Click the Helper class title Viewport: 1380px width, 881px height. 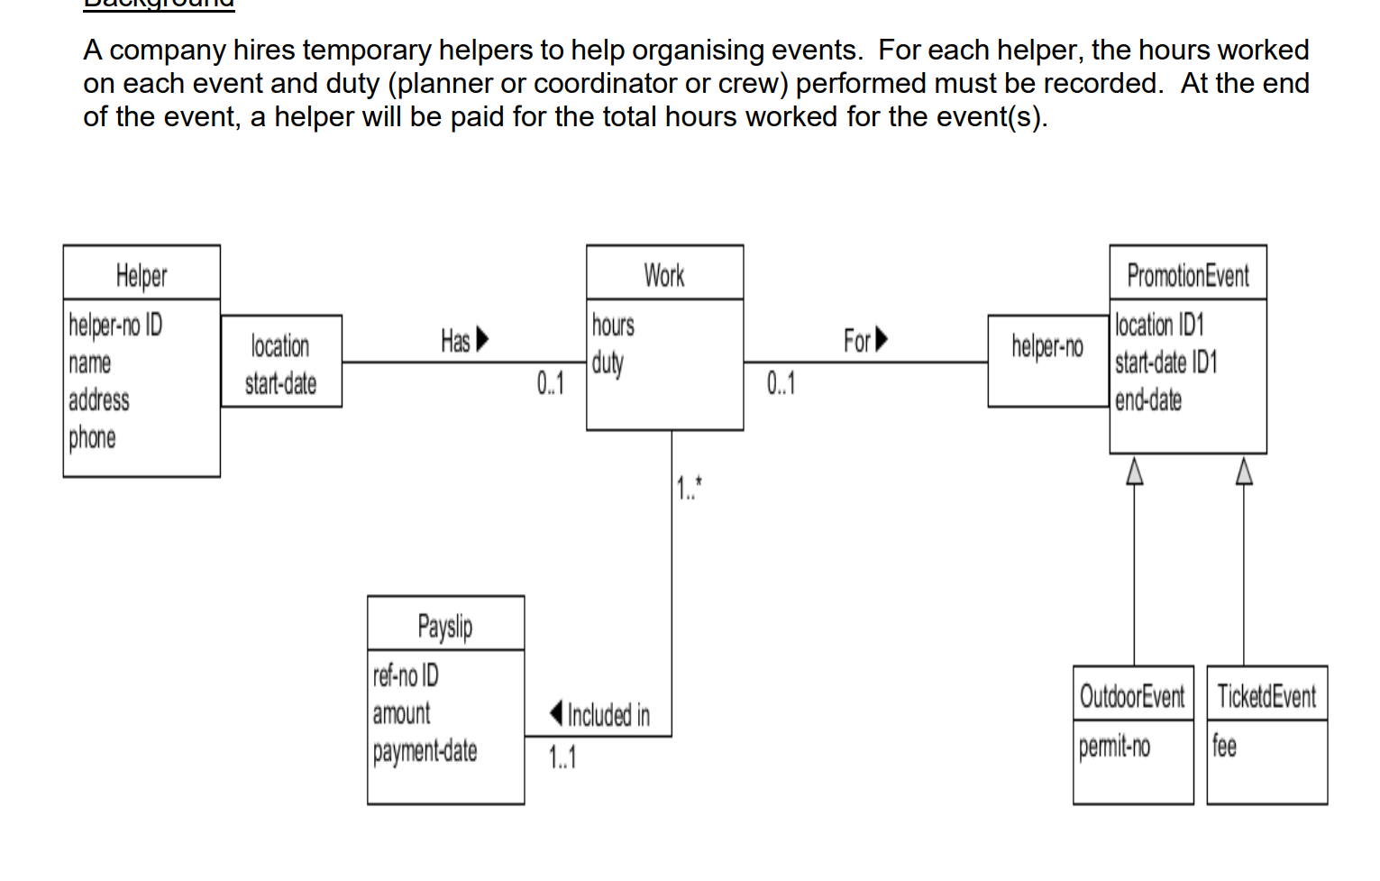point(142,275)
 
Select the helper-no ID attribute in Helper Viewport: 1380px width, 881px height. point(115,325)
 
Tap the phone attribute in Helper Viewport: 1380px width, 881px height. point(92,437)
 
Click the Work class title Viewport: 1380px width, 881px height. point(664,275)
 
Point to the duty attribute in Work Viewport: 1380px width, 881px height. point(608,362)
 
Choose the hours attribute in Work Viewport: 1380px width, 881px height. point(613,325)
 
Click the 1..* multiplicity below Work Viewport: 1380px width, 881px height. point(690,488)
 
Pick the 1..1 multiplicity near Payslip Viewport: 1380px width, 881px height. point(562,757)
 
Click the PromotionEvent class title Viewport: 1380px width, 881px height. point(1188,275)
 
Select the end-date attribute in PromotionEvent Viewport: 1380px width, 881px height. point(1147,399)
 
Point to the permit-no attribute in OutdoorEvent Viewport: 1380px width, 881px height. point(1114,746)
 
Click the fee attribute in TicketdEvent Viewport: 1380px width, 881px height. point(1224,746)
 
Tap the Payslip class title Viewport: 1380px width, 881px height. point(445,626)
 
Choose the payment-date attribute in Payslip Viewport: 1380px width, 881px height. point(425,750)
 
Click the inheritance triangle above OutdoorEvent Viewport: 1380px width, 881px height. point(1135,471)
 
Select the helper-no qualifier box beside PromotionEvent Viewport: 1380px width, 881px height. point(1047,346)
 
